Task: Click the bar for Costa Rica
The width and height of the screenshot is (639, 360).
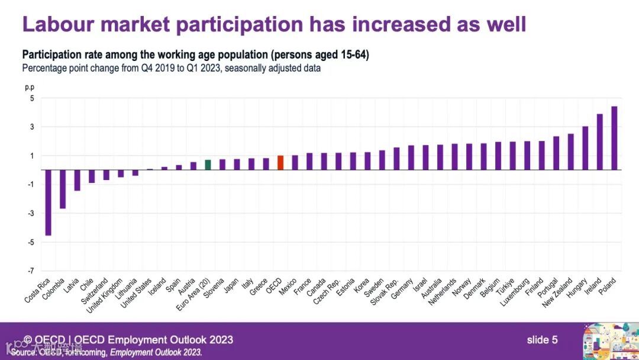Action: point(49,202)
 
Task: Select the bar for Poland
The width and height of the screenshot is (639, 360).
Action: point(614,138)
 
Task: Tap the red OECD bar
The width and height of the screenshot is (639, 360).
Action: point(280,163)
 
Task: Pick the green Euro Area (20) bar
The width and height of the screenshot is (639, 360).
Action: point(208,165)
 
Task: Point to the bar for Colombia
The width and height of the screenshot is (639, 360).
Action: point(63,189)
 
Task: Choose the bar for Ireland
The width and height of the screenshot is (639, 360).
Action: point(599,142)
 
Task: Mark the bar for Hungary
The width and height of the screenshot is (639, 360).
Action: point(585,148)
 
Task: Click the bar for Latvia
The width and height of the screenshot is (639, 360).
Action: point(77,180)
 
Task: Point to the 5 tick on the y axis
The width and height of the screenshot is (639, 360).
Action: point(32,98)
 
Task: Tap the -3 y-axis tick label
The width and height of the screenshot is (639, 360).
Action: point(30,214)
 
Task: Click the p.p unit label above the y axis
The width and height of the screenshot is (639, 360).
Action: point(30,87)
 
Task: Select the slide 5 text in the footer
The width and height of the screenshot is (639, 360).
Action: point(542,340)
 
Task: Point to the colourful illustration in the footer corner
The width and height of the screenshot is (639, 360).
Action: point(609,341)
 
